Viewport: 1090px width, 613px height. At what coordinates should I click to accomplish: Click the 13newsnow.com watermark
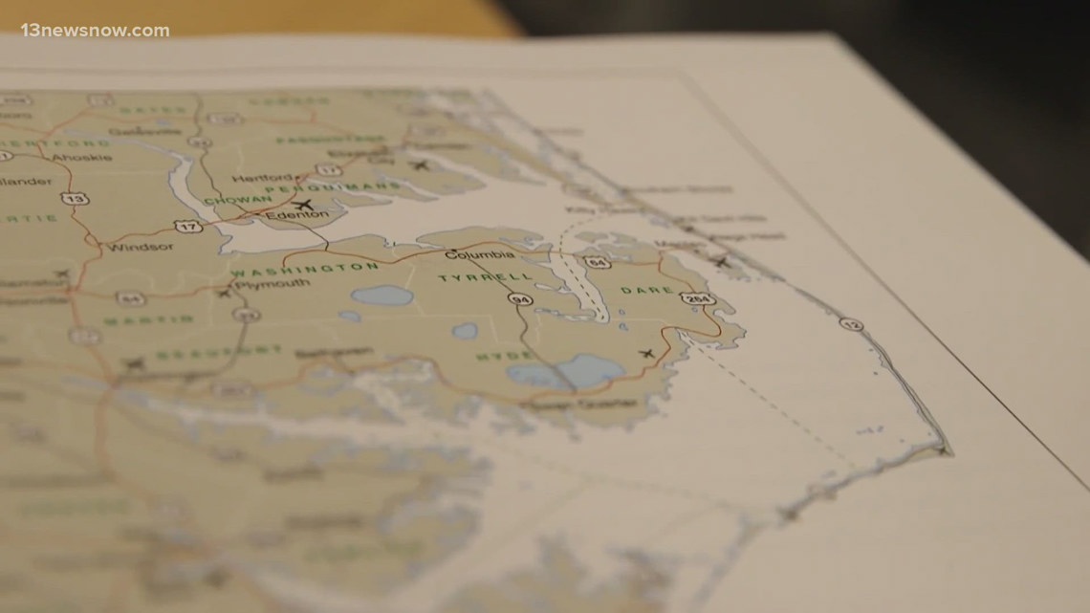tap(95, 31)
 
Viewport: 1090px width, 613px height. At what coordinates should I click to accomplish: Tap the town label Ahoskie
tap(82, 156)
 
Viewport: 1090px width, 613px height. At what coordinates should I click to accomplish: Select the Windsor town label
tap(141, 246)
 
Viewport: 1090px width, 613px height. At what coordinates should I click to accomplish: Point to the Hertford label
tap(276, 178)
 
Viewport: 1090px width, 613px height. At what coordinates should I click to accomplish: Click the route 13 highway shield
tap(71, 198)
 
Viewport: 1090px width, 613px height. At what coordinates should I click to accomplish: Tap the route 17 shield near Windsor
tap(187, 225)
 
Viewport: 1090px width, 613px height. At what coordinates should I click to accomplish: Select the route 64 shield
tap(596, 261)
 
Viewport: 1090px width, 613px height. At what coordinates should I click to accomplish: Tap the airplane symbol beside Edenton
tap(305, 205)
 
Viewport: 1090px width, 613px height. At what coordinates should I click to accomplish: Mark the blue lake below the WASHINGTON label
tap(381, 296)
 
